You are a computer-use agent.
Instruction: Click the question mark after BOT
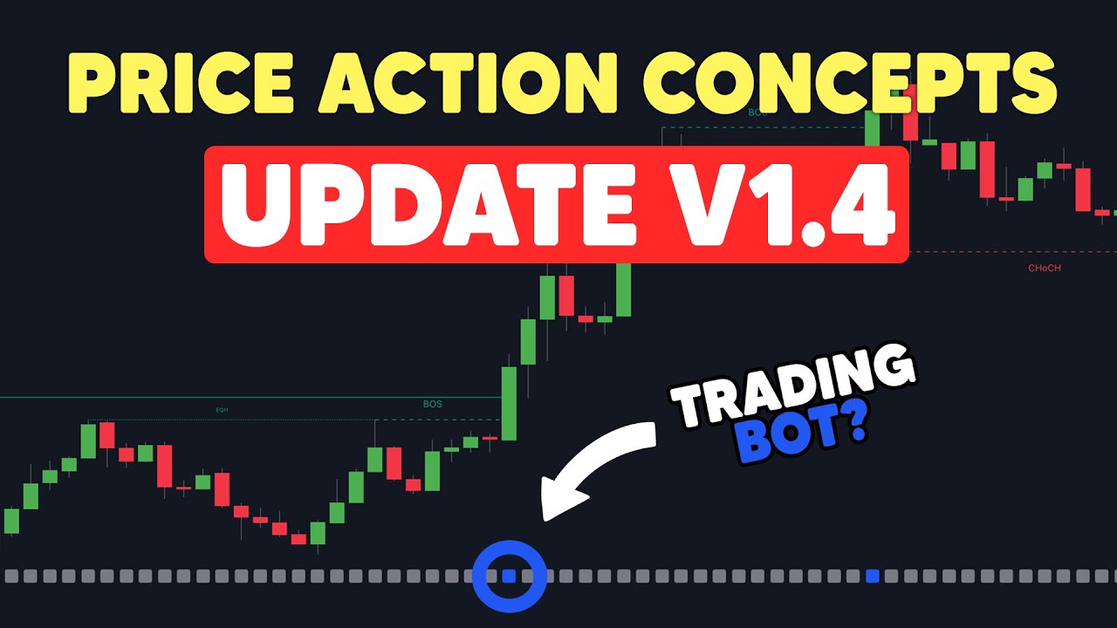point(853,425)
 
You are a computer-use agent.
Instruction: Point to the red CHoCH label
point(1045,269)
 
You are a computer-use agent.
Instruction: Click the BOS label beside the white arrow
point(432,404)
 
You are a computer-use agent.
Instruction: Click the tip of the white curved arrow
point(546,515)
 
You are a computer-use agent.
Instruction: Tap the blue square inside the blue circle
point(510,576)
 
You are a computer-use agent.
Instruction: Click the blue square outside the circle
point(873,576)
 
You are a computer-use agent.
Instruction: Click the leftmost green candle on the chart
point(11,521)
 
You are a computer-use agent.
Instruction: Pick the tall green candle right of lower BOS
point(510,403)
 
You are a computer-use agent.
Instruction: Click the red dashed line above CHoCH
point(1012,253)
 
